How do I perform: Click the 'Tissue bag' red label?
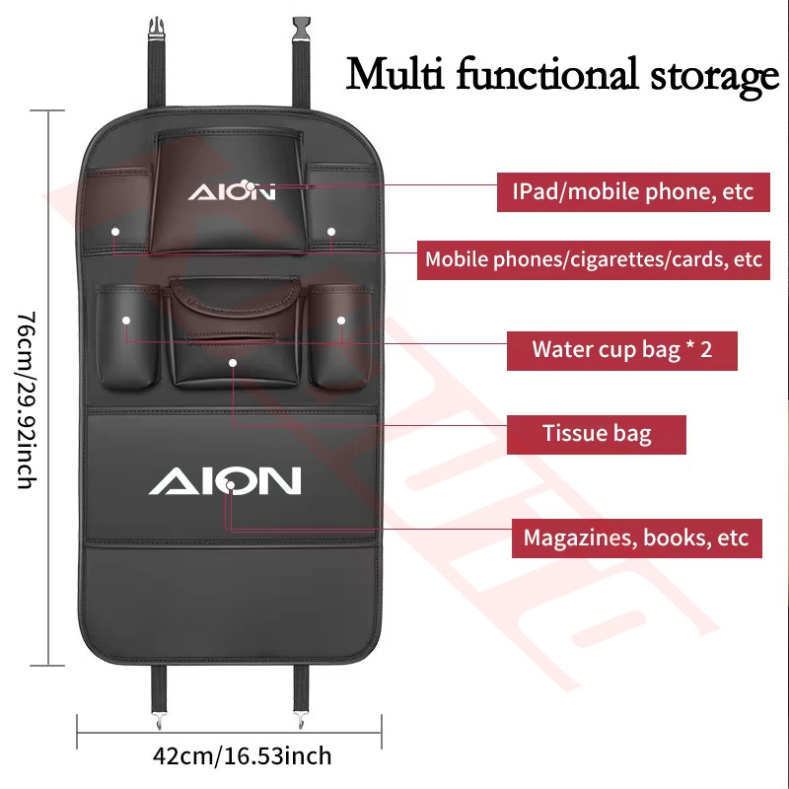tap(597, 435)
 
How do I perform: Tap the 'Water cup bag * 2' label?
tap(622, 351)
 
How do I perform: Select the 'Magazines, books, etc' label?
tap(636, 538)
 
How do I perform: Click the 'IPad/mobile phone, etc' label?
tap(633, 192)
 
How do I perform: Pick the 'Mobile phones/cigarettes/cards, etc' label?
tap(594, 260)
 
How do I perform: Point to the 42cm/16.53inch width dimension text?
tap(242, 756)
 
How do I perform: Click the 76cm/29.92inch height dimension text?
tap(27, 400)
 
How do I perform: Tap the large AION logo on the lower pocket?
tap(225, 480)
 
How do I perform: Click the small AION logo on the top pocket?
tap(232, 191)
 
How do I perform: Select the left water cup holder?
tap(127, 337)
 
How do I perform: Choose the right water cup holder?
tap(340, 336)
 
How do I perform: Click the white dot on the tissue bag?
tap(233, 363)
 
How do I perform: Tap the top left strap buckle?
tap(157, 28)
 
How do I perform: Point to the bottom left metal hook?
tap(159, 721)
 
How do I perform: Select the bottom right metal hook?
tap(302, 721)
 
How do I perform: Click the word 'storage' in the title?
tap(714, 77)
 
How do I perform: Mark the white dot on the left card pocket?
tap(115, 232)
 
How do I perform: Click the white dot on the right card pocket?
tap(331, 232)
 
